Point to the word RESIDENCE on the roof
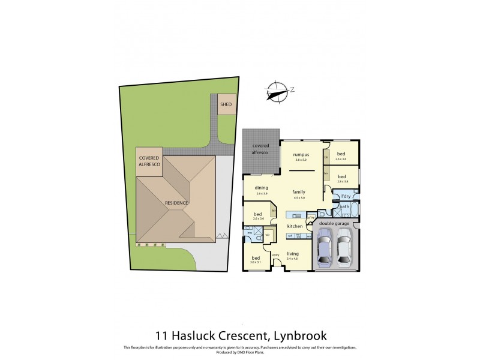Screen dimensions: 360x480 177,203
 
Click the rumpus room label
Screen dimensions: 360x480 301,155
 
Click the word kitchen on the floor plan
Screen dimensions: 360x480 294,226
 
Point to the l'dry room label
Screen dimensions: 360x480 345,196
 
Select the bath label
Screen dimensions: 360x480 344,207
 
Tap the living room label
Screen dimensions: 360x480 292,253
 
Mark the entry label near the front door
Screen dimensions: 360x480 276,255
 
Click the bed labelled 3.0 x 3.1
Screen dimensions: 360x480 256,259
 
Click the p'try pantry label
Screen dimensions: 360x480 311,218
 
